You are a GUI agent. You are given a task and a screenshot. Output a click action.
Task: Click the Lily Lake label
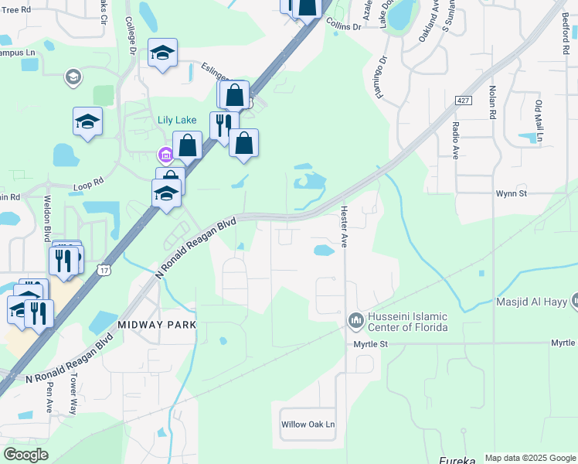click(177, 120)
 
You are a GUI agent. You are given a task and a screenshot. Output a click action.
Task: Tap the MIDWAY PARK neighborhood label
click(157, 325)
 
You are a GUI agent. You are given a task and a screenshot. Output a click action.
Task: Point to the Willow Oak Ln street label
click(308, 425)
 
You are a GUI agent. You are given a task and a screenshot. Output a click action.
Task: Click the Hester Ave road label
click(345, 224)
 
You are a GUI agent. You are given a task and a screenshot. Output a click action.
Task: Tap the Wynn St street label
click(511, 193)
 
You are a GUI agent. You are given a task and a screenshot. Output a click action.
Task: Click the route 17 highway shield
click(104, 269)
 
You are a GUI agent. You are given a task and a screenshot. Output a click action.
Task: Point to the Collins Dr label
click(343, 26)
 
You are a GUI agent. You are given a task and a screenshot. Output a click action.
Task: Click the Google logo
click(25, 454)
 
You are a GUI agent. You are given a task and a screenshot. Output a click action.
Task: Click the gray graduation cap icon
click(73, 77)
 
